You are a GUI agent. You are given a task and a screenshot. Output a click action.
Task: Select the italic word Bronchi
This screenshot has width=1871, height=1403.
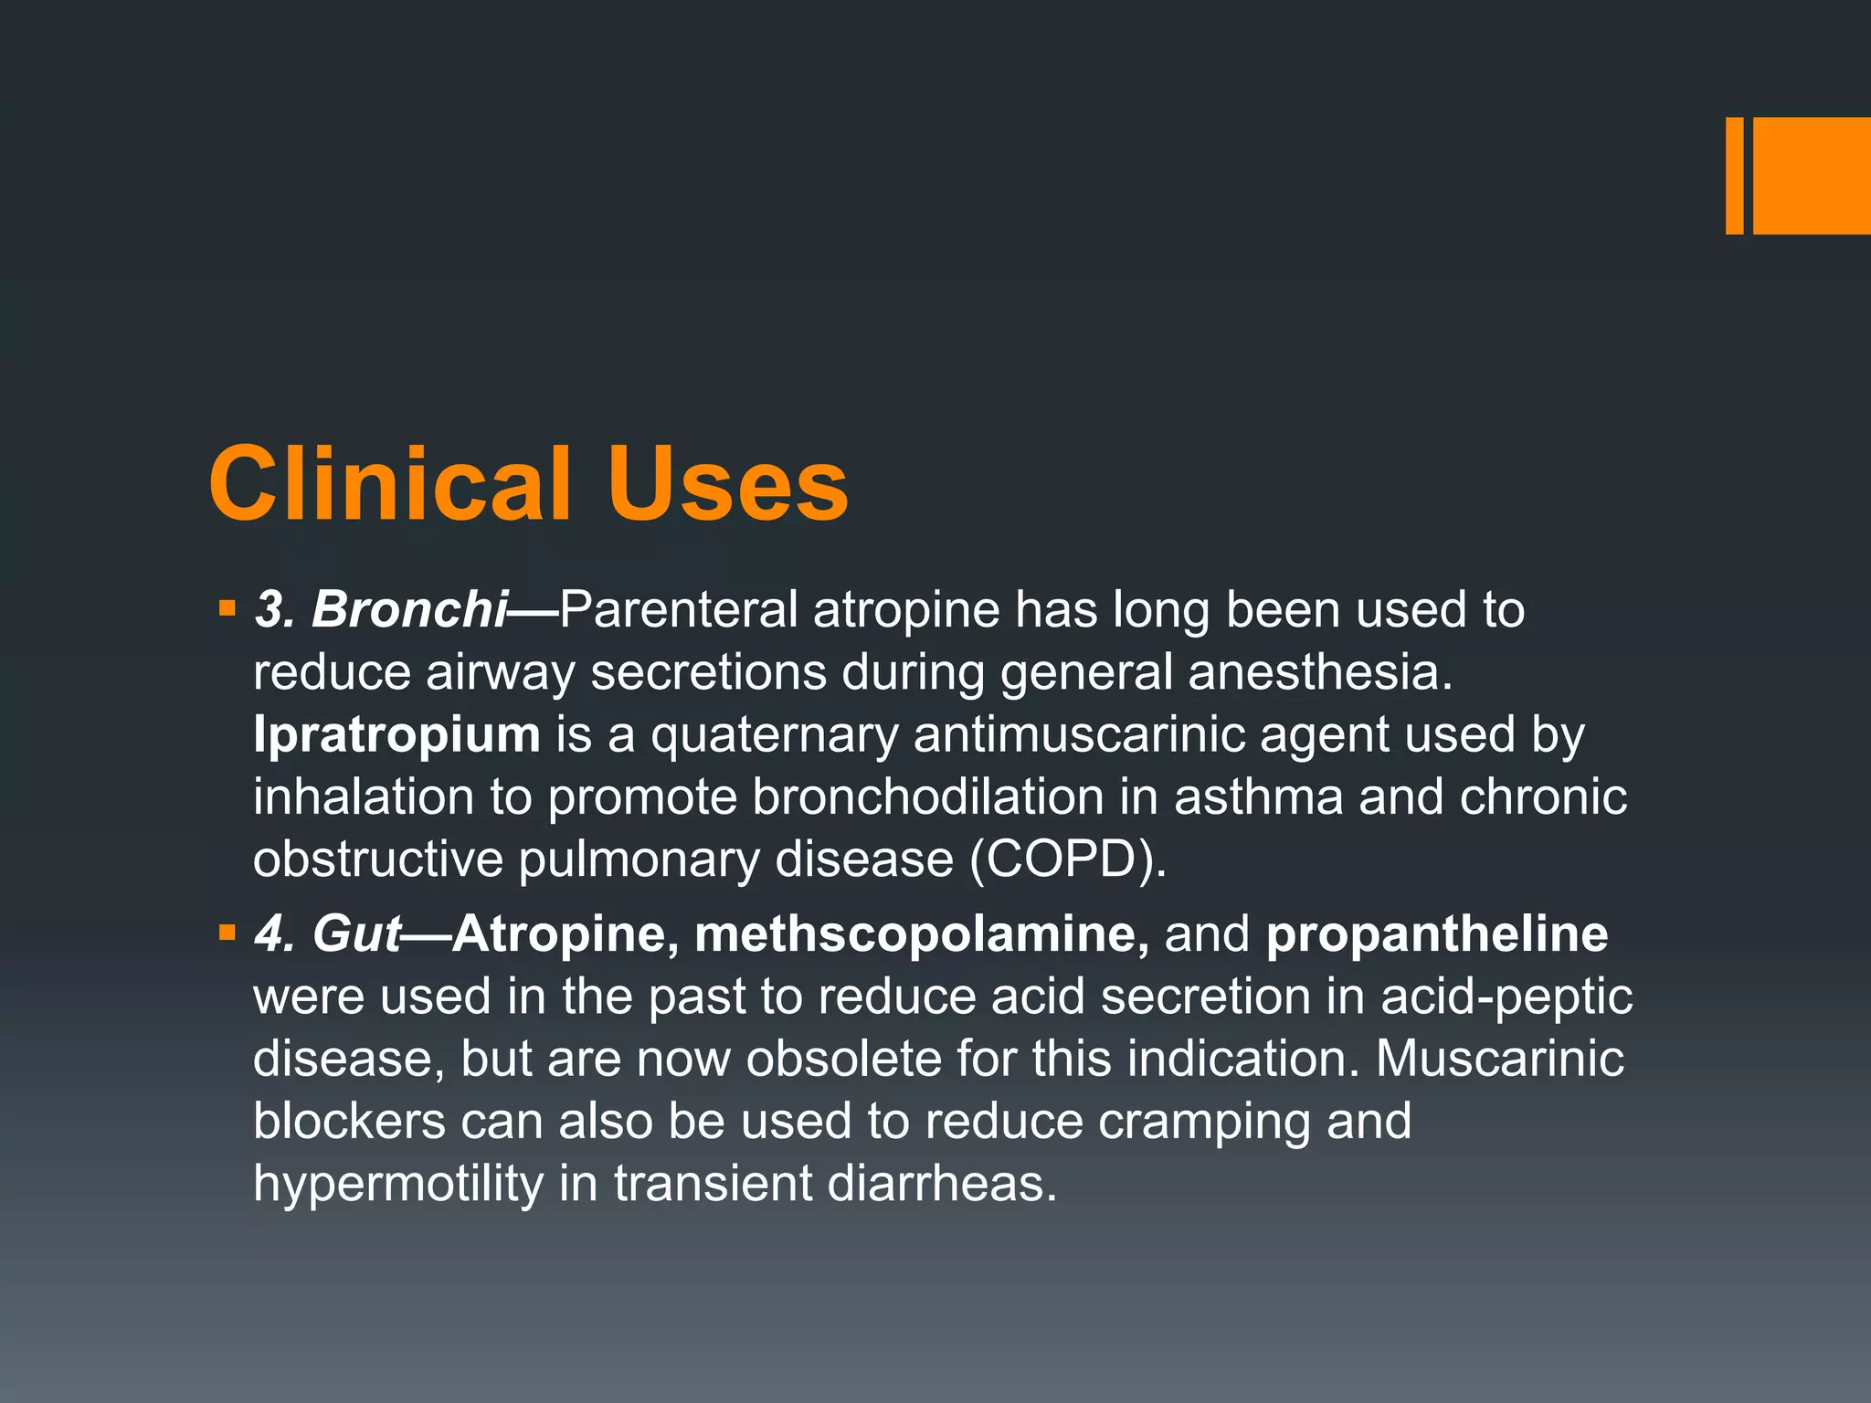[x=409, y=609]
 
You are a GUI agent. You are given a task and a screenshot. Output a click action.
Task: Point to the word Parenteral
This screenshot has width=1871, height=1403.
[x=679, y=609]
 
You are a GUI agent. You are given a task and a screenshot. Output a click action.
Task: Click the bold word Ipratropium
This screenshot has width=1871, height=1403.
[x=396, y=735]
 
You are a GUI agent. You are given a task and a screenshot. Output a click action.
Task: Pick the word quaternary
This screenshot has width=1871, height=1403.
[x=775, y=735]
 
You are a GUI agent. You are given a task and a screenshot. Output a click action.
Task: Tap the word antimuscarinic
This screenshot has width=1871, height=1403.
[x=1079, y=735]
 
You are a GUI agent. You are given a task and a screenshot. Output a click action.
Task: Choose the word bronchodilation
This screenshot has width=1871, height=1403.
[x=928, y=797]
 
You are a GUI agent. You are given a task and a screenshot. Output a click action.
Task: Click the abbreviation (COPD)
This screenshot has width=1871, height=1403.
[x=1068, y=860]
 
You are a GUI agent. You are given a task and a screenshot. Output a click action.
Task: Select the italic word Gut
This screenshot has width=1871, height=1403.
[x=356, y=934]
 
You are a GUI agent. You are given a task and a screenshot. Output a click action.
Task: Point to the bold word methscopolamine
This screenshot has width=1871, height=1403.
[x=921, y=934]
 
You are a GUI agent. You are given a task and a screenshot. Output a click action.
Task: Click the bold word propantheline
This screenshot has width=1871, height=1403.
[x=1437, y=934]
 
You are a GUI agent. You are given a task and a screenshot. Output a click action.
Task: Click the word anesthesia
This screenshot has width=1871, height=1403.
[x=1320, y=673]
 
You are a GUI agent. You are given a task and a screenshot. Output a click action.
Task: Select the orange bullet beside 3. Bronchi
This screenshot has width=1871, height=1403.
[x=227, y=607]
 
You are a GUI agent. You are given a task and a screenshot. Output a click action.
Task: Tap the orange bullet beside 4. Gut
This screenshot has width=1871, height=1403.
[x=227, y=933]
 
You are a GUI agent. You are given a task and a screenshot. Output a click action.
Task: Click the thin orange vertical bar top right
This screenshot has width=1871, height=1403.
[x=1734, y=175]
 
